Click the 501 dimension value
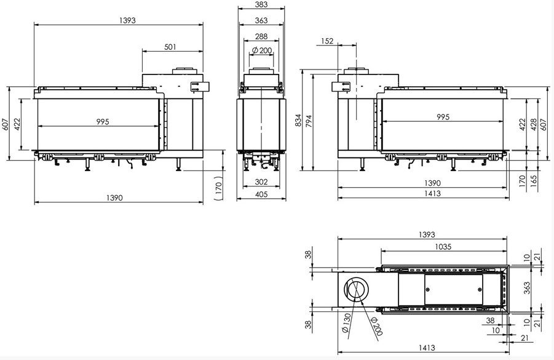click(x=170, y=47)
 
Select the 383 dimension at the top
click(x=261, y=4)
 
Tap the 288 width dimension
click(x=261, y=36)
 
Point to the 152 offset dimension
click(x=328, y=41)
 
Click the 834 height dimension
click(x=298, y=120)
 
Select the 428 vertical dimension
click(x=534, y=124)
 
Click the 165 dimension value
click(x=534, y=181)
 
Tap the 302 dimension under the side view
click(x=261, y=182)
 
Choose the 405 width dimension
click(x=261, y=194)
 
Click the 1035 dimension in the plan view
click(x=443, y=247)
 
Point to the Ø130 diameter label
click(x=346, y=323)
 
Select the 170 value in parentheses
click(x=219, y=186)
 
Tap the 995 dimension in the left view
click(x=103, y=122)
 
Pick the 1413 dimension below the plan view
click(x=427, y=348)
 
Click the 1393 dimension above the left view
click(x=127, y=20)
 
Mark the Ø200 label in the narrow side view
click(x=262, y=50)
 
